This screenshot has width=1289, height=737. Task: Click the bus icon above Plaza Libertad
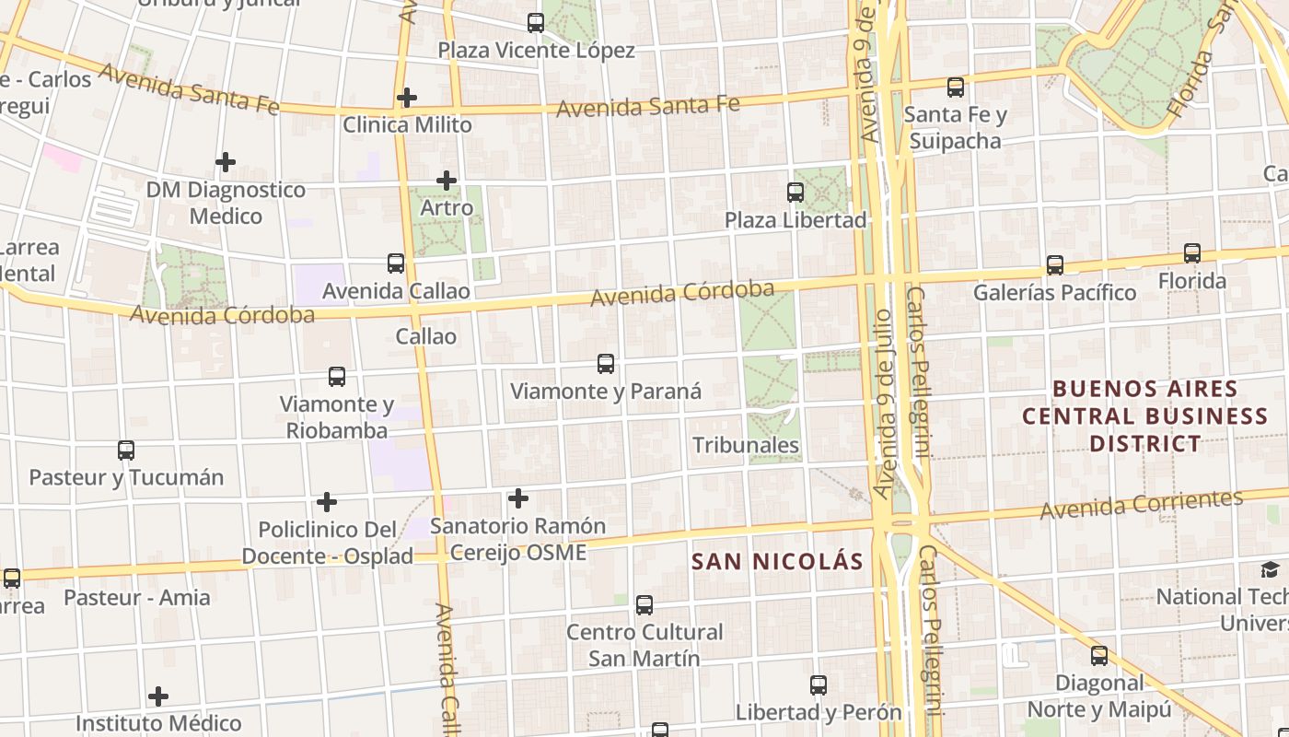795,193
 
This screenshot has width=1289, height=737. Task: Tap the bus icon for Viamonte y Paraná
606,364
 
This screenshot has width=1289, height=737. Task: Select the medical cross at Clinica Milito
407,97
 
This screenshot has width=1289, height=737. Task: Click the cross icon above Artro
447,181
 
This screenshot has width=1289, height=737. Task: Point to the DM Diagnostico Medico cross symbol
226,163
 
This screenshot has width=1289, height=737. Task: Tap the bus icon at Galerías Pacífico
1055,265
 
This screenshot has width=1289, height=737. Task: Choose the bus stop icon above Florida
1192,253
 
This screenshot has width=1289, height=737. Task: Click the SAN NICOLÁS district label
778,561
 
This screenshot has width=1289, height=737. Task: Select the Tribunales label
746,445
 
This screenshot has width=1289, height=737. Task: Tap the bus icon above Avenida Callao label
396,263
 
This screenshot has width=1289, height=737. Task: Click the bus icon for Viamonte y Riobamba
337,377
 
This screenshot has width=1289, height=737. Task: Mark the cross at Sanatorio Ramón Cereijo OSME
518,498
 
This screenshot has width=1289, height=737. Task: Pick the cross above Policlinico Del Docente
327,502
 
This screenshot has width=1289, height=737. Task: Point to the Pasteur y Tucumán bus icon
126,450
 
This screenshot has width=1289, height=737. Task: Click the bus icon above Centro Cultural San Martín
644,605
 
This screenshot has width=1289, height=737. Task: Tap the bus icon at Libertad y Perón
819,685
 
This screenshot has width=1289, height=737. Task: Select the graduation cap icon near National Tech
1271,569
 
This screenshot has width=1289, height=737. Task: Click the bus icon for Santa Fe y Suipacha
956,88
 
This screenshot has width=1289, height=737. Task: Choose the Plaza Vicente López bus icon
536,23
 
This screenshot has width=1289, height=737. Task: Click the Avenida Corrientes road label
1142,504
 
